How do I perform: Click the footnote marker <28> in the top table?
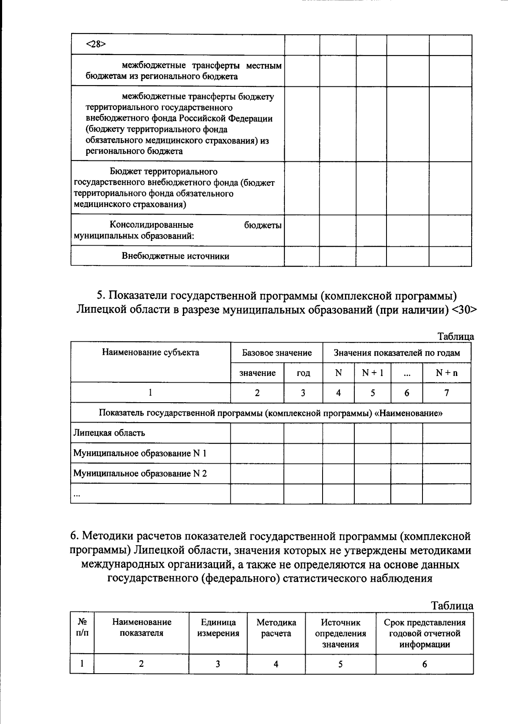pyautogui.click(x=95, y=44)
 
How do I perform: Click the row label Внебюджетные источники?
pyautogui.click(x=175, y=256)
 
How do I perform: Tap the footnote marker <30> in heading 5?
pyautogui.click(x=465, y=309)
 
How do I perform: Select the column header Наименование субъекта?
pyautogui.click(x=150, y=352)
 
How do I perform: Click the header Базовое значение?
pyautogui.click(x=276, y=353)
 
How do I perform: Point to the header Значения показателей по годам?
pyautogui.click(x=397, y=353)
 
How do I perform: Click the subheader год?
pyautogui.click(x=303, y=373)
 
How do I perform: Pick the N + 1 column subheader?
pyautogui.click(x=373, y=373)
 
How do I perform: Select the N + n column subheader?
pyautogui.click(x=447, y=373)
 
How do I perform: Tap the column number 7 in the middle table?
pyautogui.click(x=447, y=393)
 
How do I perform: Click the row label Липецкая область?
pyautogui.click(x=109, y=433)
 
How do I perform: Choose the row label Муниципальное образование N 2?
pyautogui.click(x=140, y=473)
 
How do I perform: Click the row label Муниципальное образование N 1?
pyautogui.click(x=140, y=453)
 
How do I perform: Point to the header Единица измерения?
pyautogui.click(x=218, y=628)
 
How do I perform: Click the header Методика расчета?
pyautogui.click(x=276, y=628)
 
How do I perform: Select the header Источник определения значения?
pyautogui.click(x=340, y=633)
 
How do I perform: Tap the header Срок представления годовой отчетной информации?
pyautogui.click(x=425, y=633)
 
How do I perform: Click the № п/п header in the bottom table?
pyautogui.click(x=82, y=628)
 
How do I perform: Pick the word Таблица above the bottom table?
pyautogui.click(x=452, y=606)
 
